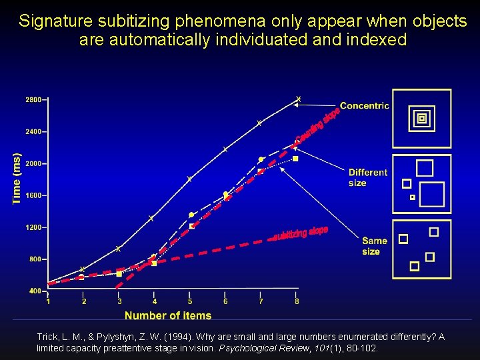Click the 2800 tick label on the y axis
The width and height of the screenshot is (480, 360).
(33, 99)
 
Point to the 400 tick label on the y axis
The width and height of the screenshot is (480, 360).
(35, 291)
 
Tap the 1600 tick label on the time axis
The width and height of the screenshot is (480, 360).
(33, 195)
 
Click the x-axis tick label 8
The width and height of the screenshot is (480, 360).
(297, 301)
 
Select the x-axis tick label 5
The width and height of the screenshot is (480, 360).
(190, 301)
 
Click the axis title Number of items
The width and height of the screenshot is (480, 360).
(168, 315)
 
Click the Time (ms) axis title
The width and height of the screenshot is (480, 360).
(17, 179)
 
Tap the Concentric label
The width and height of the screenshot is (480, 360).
(364, 105)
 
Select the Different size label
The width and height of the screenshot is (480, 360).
(367, 177)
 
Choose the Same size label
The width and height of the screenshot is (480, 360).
(374, 246)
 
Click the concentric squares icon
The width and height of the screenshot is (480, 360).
(421, 119)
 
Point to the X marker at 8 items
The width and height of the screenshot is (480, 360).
(298, 99)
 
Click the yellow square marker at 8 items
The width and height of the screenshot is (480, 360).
(295, 159)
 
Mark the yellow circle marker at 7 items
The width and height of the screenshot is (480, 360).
(261, 159)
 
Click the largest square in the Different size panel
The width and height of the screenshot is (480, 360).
(431, 194)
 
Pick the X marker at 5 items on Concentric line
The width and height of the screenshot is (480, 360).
(189, 179)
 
